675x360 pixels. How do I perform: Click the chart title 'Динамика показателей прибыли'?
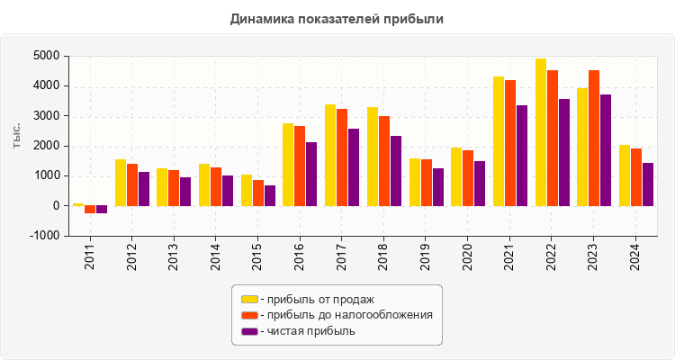pyautogui.click(x=337, y=18)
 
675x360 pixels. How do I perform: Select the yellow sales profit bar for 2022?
pyautogui.click(x=541, y=132)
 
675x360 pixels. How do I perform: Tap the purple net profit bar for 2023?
pyautogui.click(x=606, y=150)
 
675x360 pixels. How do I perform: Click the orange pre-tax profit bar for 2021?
pyautogui.click(x=510, y=143)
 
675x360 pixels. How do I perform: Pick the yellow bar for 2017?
pyautogui.click(x=330, y=155)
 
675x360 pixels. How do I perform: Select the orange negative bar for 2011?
pyautogui.click(x=90, y=210)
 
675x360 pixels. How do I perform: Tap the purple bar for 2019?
pyautogui.click(x=438, y=187)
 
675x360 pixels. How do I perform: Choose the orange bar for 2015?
pyautogui.click(x=258, y=193)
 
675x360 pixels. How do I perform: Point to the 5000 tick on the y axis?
pyautogui.click(x=47, y=56)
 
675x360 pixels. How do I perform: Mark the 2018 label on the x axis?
pyautogui.click(x=384, y=254)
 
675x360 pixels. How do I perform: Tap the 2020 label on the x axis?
pyautogui.click(x=468, y=254)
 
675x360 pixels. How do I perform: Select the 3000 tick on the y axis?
pyautogui.click(x=47, y=116)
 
